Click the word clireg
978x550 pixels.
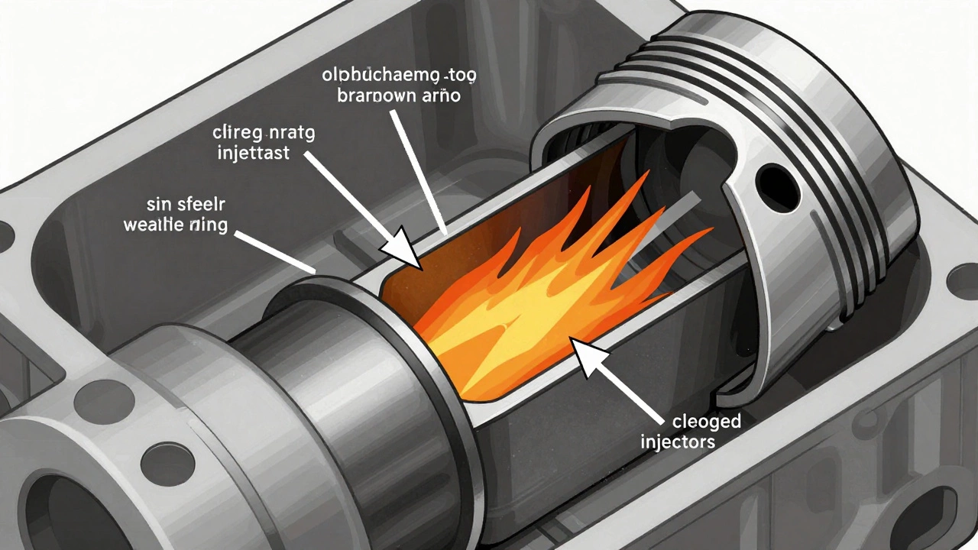click(236, 133)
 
